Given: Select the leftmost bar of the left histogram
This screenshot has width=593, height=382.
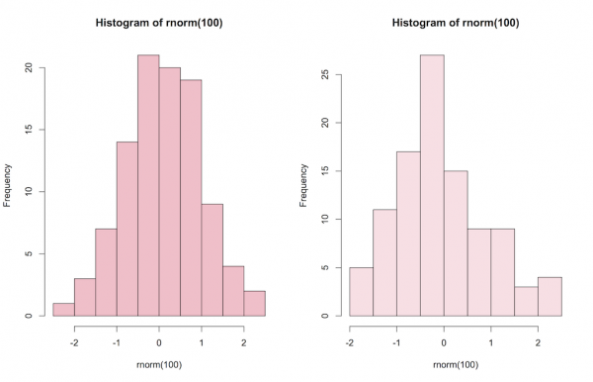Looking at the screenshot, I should pos(63,310).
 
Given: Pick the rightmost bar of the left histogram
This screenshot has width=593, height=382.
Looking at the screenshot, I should pos(254,304).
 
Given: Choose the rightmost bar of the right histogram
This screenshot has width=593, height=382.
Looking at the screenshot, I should pos(551,297).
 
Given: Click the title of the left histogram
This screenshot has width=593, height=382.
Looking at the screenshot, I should pos(158,23).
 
